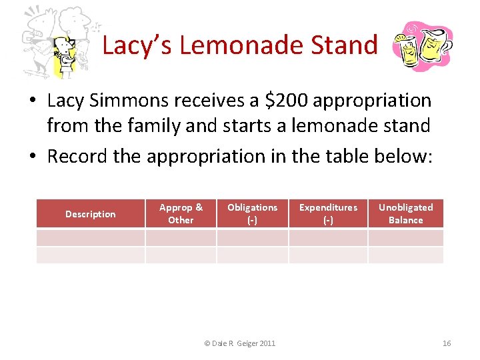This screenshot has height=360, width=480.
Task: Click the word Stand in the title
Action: coord(345,45)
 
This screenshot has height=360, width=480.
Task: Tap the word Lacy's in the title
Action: coord(137,45)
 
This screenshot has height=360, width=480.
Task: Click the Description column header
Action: coord(91,214)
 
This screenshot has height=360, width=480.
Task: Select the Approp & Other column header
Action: coord(181,214)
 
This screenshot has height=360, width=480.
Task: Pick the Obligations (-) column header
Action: coord(252,214)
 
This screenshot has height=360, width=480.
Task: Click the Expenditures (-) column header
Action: coord(328,214)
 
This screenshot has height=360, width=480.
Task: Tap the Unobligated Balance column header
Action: coord(405,214)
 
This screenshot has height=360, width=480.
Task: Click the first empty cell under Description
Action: coord(91,238)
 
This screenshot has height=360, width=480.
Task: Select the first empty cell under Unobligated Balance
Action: coord(405,238)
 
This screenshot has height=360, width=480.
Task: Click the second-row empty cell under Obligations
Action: coord(252,255)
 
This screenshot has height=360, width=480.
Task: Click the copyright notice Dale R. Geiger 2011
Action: coord(239,343)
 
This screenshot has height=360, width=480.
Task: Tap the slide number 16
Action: coord(446,343)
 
